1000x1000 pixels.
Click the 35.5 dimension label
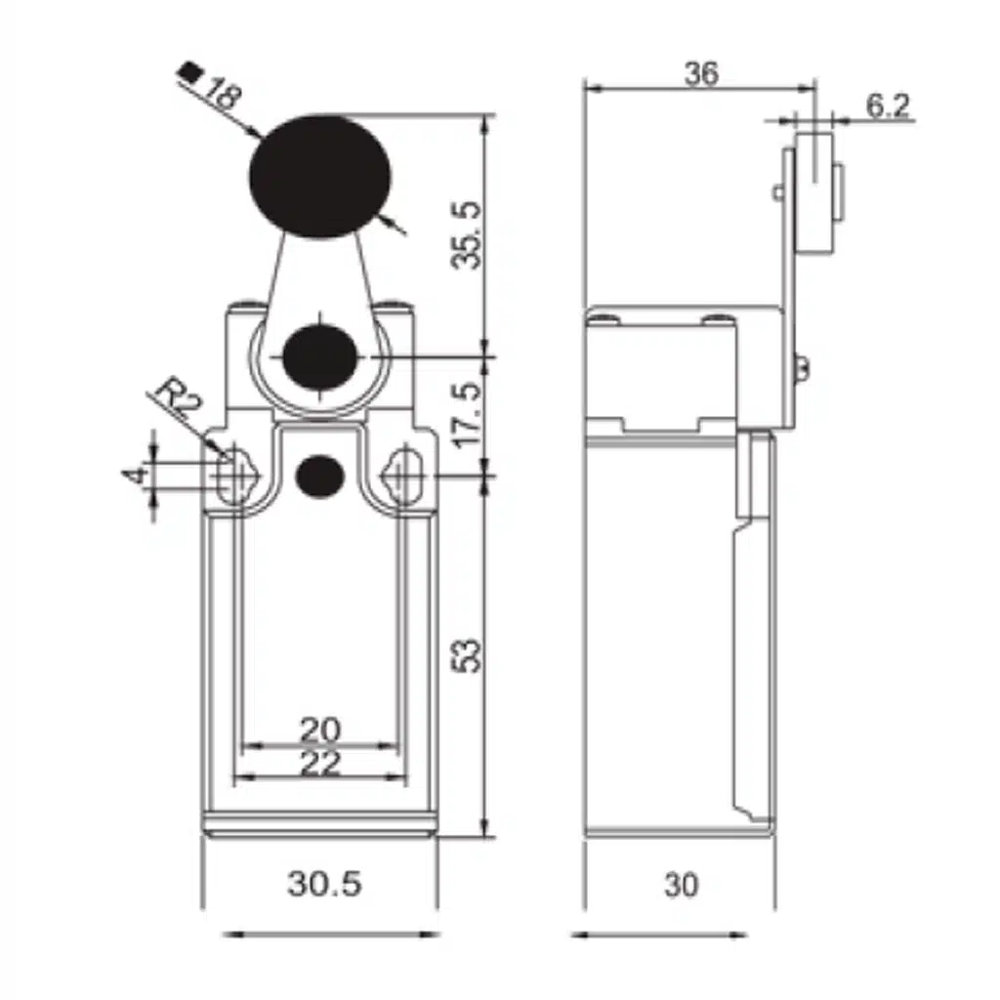[466, 235]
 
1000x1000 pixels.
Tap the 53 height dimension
[467, 654]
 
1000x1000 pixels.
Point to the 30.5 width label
[324, 884]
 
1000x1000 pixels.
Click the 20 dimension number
[320, 729]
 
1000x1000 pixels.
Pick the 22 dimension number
[320, 763]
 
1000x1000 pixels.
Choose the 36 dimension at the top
[701, 74]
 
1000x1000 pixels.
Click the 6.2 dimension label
[887, 105]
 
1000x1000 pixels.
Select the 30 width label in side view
[681, 885]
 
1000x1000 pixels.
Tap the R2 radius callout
[178, 398]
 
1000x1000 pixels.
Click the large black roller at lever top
[320, 177]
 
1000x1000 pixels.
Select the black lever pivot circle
[319, 357]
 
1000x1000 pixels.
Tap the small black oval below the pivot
[319, 476]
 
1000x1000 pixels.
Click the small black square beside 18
[189, 71]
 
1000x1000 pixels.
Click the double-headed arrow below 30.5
[331, 935]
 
